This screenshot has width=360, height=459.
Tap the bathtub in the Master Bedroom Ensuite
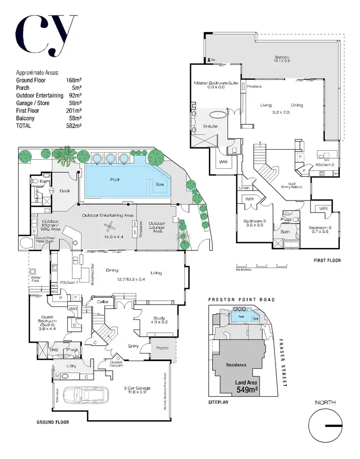click(x=219, y=115)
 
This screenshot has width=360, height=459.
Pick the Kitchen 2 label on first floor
click(x=324, y=165)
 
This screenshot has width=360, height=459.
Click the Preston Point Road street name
click(x=241, y=299)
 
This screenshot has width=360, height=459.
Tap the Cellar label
click(x=103, y=302)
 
